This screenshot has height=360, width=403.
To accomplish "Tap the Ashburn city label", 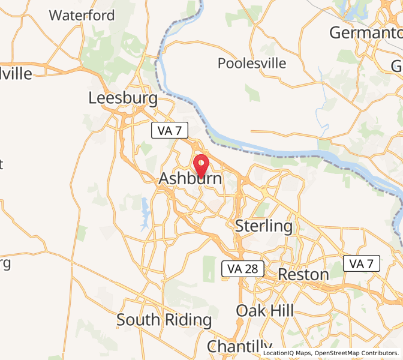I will click(x=190, y=179).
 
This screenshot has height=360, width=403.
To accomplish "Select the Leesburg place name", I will click(x=123, y=98).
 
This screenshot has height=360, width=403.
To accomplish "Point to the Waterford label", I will click(x=82, y=16).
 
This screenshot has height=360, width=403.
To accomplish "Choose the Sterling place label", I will click(x=264, y=226).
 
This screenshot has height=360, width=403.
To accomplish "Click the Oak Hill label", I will click(x=265, y=310).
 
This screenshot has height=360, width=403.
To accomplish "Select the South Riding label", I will click(x=164, y=320).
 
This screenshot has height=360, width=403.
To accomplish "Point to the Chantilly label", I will click(x=239, y=346).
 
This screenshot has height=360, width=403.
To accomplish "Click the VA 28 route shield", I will click(x=243, y=269).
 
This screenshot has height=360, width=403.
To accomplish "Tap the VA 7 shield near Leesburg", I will click(x=170, y=130).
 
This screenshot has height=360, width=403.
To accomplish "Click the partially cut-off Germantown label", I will click(x=365, y=32).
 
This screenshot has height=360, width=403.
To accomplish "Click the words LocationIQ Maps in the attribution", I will click(x=287, y=353).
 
